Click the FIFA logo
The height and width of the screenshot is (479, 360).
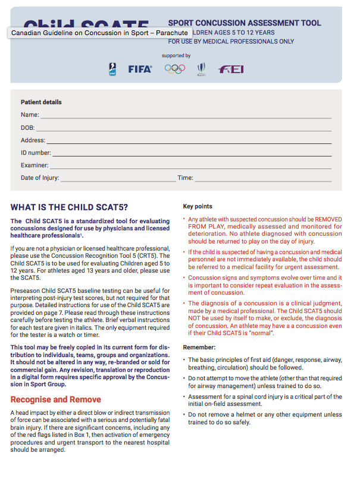coord(140,69)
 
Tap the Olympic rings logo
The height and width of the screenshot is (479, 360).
coord(175,69)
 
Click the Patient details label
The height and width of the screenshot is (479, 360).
coord(41,102)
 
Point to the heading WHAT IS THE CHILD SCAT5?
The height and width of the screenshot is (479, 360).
coord(69,208)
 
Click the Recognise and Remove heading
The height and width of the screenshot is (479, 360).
coord(55,399)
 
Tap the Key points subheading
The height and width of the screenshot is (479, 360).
coord(198,206)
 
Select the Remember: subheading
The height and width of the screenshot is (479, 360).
coord(199,347)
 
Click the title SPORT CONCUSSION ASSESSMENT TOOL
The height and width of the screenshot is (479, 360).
coord(244,23)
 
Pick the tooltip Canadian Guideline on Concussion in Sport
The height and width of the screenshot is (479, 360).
coord(99,33)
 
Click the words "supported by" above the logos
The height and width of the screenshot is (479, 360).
coord(176,56)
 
